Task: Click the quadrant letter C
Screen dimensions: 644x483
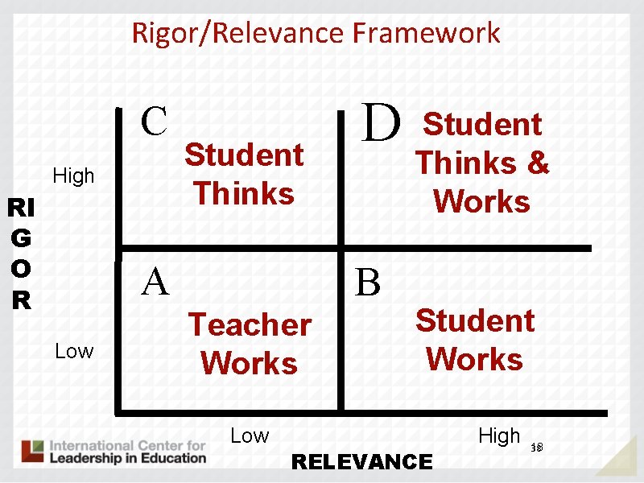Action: pos(154,122)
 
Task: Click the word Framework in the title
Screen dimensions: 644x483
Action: pos(426,33)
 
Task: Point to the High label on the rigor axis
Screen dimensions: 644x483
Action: pos(73,175)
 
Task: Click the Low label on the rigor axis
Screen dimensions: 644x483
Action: pos(74,351)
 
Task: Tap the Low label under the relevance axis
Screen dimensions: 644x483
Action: pos(250,436)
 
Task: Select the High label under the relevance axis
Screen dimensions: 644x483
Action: pos(499,436)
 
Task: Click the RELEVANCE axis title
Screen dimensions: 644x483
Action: pos(361,461)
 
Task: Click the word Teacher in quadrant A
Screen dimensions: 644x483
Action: pos(250,325)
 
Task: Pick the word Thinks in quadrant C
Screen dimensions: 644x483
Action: pos(244,193)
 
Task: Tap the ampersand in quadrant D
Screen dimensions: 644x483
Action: pos(538,163)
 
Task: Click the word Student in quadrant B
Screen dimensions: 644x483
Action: pos(475,320)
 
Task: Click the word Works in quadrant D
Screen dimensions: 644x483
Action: pos(481,201)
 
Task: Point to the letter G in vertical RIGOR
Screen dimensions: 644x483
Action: pos(22,239)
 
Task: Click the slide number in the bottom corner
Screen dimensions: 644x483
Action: pos(537,447)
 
